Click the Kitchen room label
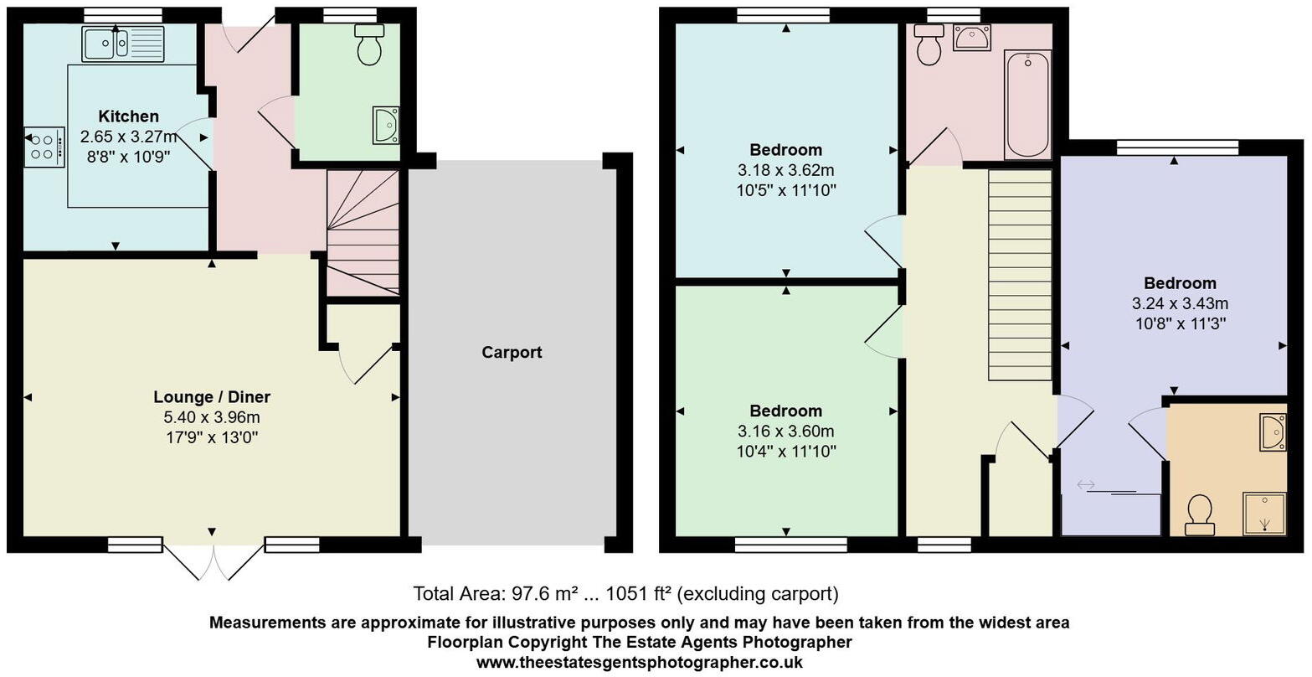(x=128, y=116)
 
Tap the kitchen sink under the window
(x=123, y=44)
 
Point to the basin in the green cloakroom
(x=387, y=125)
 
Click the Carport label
(x=512, y=353)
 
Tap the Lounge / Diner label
(x=212, y=397)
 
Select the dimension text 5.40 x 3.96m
(x=212, y=417)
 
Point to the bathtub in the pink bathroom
(x=1027, y=105)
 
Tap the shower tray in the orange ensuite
(x=1264, y=513)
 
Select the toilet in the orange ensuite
(x=1200, y=514)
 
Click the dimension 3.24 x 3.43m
(x=1180, y=303)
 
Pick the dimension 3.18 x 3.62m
(x=785, y=170)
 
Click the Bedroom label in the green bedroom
(x=785, y=411)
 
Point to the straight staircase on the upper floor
(x=1020, y=275)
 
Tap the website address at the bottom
(x=639, y=662)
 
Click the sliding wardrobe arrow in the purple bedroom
(x=1086, y=484)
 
